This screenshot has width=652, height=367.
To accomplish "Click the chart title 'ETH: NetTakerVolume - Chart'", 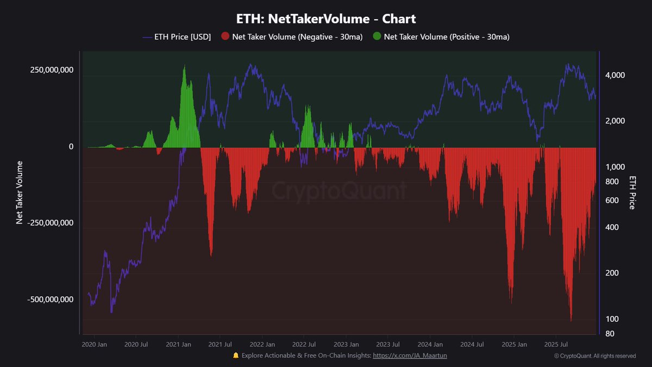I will click(326, 18).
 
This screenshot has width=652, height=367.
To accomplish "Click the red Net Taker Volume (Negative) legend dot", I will click(226, 37).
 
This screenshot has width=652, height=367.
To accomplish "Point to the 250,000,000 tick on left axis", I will click(45, 70).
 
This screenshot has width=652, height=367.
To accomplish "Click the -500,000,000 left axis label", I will click(44, 299).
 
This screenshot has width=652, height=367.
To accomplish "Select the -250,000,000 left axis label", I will click(44, 223).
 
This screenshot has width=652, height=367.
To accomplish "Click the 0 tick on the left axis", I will click(70, 147).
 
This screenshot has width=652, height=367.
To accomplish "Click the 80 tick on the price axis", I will click(610, 333).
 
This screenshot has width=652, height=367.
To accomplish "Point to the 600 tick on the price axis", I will click(612, 200).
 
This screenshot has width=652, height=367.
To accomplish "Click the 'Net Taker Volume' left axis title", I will click(20, 192).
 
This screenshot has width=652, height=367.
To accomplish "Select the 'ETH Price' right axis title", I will click(632, 192).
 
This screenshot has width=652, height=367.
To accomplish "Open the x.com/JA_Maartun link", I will click(410, 356).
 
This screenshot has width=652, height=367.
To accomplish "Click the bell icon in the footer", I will click(236, 356).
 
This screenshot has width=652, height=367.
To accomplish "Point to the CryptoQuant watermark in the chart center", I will click(338, 191).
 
